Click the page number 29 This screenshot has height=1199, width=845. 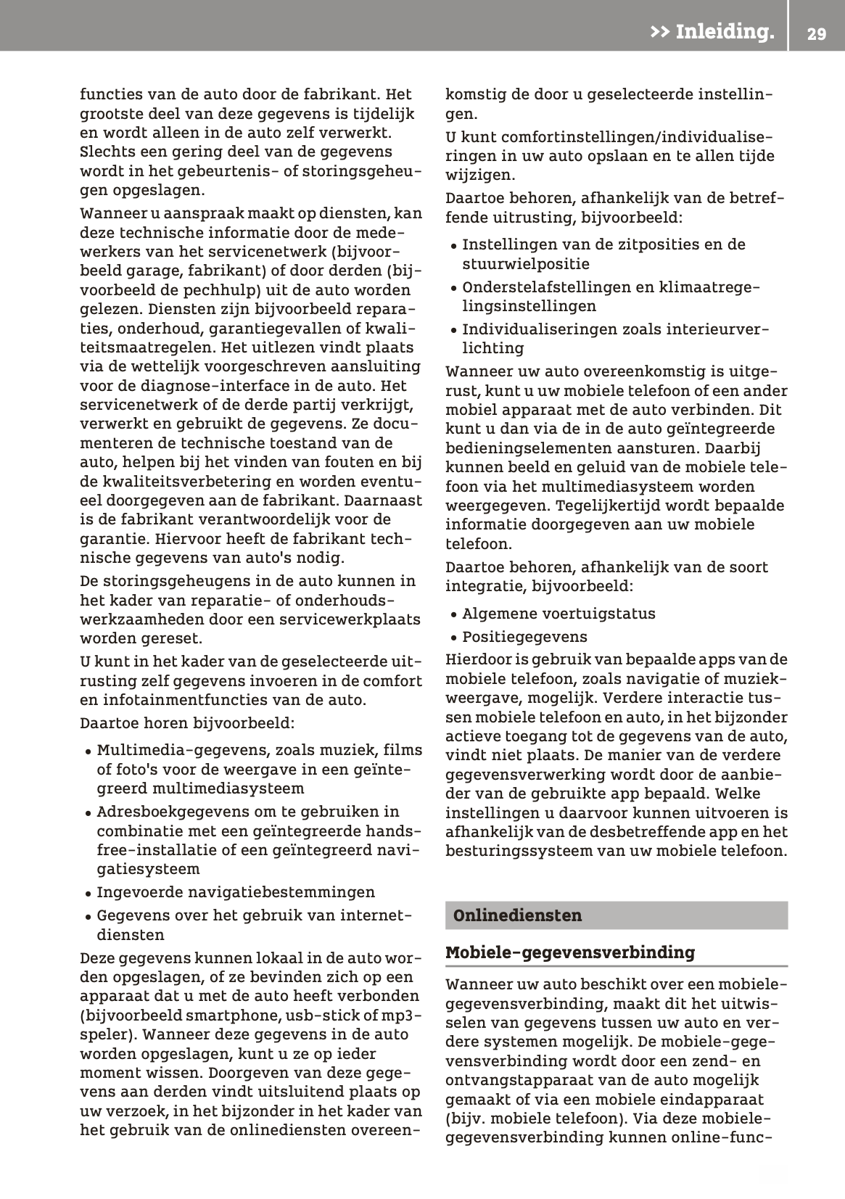(x=816, y=33)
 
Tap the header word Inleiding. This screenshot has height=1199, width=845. (x=724, y=32)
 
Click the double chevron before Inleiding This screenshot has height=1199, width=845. (x=659, y=32)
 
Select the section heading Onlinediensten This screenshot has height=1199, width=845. (x=517, y=915)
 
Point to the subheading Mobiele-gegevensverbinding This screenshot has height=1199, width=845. (x=570, y=952)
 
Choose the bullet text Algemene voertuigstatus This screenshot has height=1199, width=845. (x=558, y=614)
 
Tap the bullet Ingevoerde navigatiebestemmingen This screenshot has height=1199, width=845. (x=236, y=892)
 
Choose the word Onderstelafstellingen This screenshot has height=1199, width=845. (x=547, y=287)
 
